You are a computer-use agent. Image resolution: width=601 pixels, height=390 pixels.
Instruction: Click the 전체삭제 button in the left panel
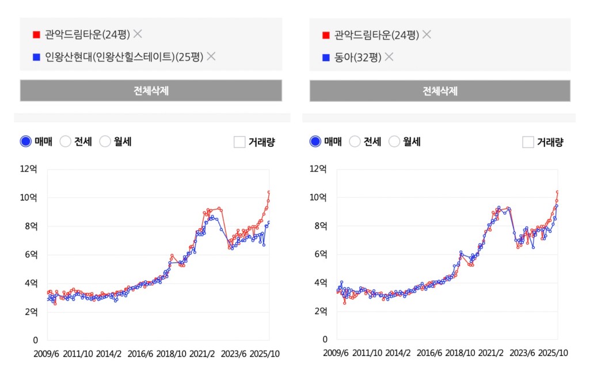[x=151, y=90]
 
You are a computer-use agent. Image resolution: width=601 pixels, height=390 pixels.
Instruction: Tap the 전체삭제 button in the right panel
[x=440, y=90]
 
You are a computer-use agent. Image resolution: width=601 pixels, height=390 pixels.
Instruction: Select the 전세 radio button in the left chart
[x=66, y=142]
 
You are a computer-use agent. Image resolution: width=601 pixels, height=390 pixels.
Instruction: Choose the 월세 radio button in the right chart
[x=394, y=142]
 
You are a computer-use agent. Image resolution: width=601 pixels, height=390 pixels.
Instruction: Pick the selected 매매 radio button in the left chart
[x=26, y=142]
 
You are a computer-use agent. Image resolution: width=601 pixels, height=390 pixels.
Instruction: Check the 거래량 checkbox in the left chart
[x=239, y=142]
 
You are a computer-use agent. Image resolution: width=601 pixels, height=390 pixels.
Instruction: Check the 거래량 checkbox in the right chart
[x=528, y=142]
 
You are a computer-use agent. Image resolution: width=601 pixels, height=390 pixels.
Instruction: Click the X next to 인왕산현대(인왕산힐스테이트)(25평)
[x=211, y=56]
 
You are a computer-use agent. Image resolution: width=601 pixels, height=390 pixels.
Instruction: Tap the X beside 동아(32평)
[x=389, y=56]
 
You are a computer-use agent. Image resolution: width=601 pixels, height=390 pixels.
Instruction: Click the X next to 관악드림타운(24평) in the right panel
[x=427, y=35]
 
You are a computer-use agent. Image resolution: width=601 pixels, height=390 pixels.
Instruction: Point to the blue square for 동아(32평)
[x=326, y=57]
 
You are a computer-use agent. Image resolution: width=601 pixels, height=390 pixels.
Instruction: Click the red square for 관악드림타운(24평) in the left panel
[x=37, y=35]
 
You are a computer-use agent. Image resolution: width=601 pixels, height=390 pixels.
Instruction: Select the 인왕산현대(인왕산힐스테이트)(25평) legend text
[x=124, y=57]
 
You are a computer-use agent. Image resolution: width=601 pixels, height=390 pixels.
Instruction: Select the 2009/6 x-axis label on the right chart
[x=336, y=353]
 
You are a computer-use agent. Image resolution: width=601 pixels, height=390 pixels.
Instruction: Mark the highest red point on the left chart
[x=269, y=192]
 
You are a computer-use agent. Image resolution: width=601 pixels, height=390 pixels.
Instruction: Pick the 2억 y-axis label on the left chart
[x=31, y=312]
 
